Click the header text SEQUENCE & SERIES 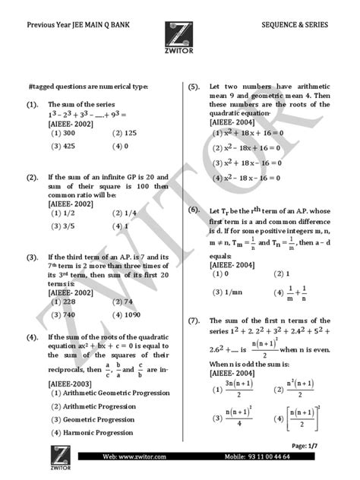[295, 24]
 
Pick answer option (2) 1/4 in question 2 [125, 215]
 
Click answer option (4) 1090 [130, 314]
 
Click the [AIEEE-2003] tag [71, 384]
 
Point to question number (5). [194, 87]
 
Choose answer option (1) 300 [63, 132]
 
